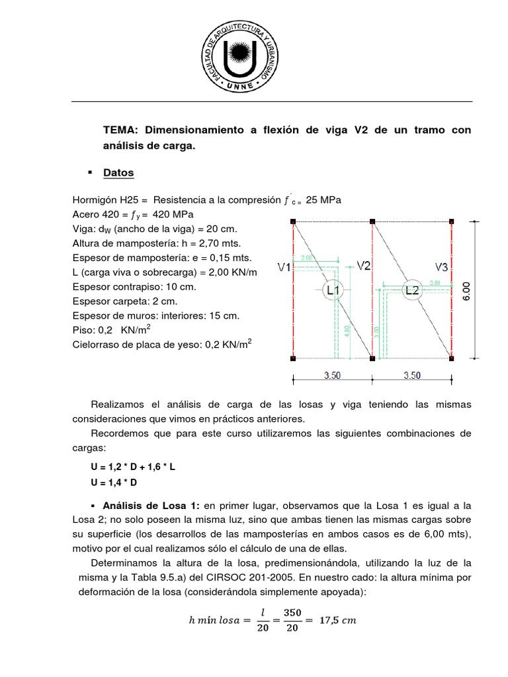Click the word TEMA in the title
[x=119, y=130]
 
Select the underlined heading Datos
[x=118, y=173]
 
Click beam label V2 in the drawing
[x=364, y=266]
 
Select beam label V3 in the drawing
[x=443, y=266]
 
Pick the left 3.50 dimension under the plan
[x=332, y=376]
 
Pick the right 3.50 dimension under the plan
[x=411, y=376]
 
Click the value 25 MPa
[x=323, y=200]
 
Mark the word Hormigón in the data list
[x=96, y=200]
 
